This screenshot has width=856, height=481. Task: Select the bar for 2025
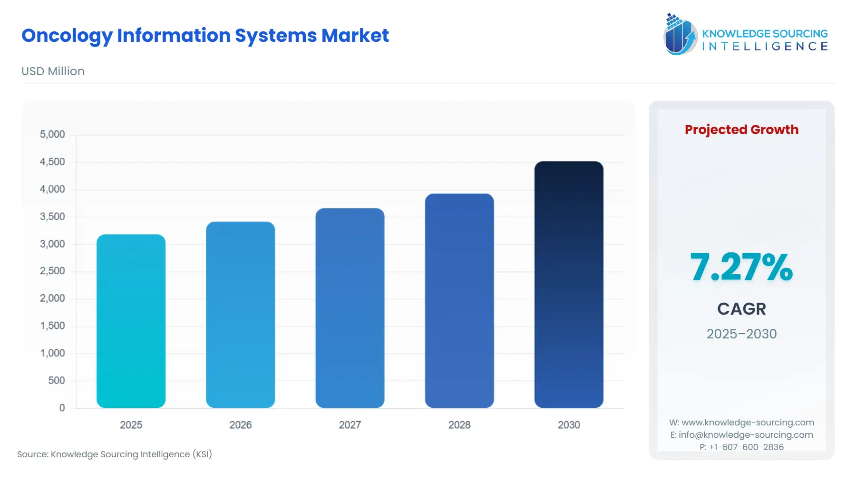[x=131, y=321]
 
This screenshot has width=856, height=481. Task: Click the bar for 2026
[x=240, y=315]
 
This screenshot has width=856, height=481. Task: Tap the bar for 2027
[x=350, y=308]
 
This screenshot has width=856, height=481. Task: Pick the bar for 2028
[x=459, y=300]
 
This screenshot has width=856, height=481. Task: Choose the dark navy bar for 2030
[x=569, y=284]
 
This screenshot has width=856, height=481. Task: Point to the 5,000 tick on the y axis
[x=52, y=135]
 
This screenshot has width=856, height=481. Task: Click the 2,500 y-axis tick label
[x=52, y=271]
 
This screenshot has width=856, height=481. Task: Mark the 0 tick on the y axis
[x=62, y=408]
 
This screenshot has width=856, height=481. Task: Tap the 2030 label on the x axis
[x=569, y=425]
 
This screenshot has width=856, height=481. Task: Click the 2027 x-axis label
[x=350, y=425]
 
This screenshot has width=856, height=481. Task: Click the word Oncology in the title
[x=67, y=36]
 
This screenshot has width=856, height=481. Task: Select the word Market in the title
[x=355, y=36]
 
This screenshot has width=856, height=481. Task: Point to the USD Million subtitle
[x=53, y=71]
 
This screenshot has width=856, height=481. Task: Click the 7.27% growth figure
[x=741, y=267]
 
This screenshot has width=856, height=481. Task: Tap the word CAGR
[x=741, y=309]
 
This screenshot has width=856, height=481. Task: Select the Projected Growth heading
[x=741, y=129]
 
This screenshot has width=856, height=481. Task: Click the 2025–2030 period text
[x=741, y=334]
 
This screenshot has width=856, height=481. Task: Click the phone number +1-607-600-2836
[x=746, y=447]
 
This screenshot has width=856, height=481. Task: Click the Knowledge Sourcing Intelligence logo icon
[x=680, y=34]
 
